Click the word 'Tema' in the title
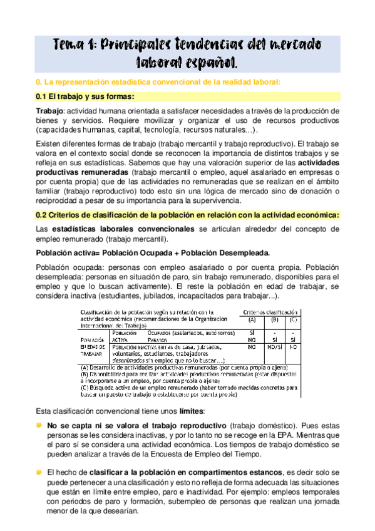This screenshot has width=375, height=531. tap(69, 44)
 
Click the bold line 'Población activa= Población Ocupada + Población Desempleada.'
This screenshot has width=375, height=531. tap(153, 252)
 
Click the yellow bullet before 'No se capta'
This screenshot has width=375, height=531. tap(39, 425)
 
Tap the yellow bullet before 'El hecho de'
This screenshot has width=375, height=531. tap(39, 471)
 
